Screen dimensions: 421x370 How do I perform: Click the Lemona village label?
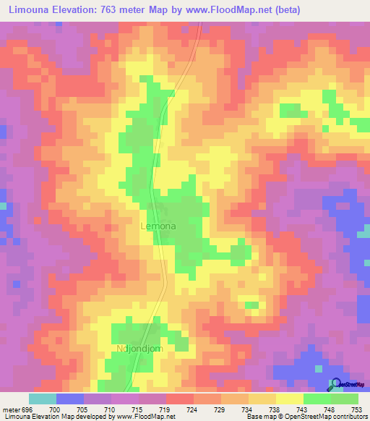pyautogui.click(x=157, y=226)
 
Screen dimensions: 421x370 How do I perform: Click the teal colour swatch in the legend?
pyautogui.click(x=42, y=399)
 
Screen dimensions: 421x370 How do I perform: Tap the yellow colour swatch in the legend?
pyautogui.click(x=289, y=399)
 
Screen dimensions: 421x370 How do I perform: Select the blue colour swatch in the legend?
pyautogui.click(x=69, y=399)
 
